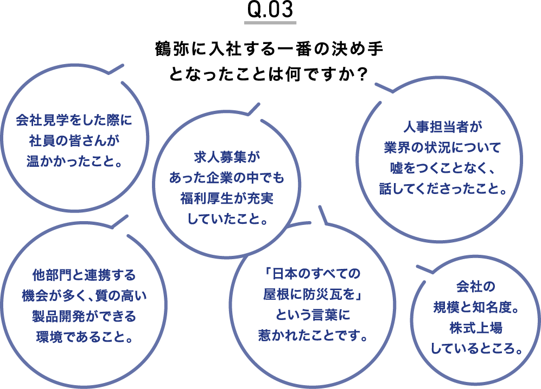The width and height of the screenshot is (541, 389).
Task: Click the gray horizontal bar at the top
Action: (270, 23)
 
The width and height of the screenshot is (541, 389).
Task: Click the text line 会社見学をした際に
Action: (74, 120)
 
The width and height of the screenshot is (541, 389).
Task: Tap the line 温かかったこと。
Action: (74, 161)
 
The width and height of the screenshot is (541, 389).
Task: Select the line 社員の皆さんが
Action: (74, 141)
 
